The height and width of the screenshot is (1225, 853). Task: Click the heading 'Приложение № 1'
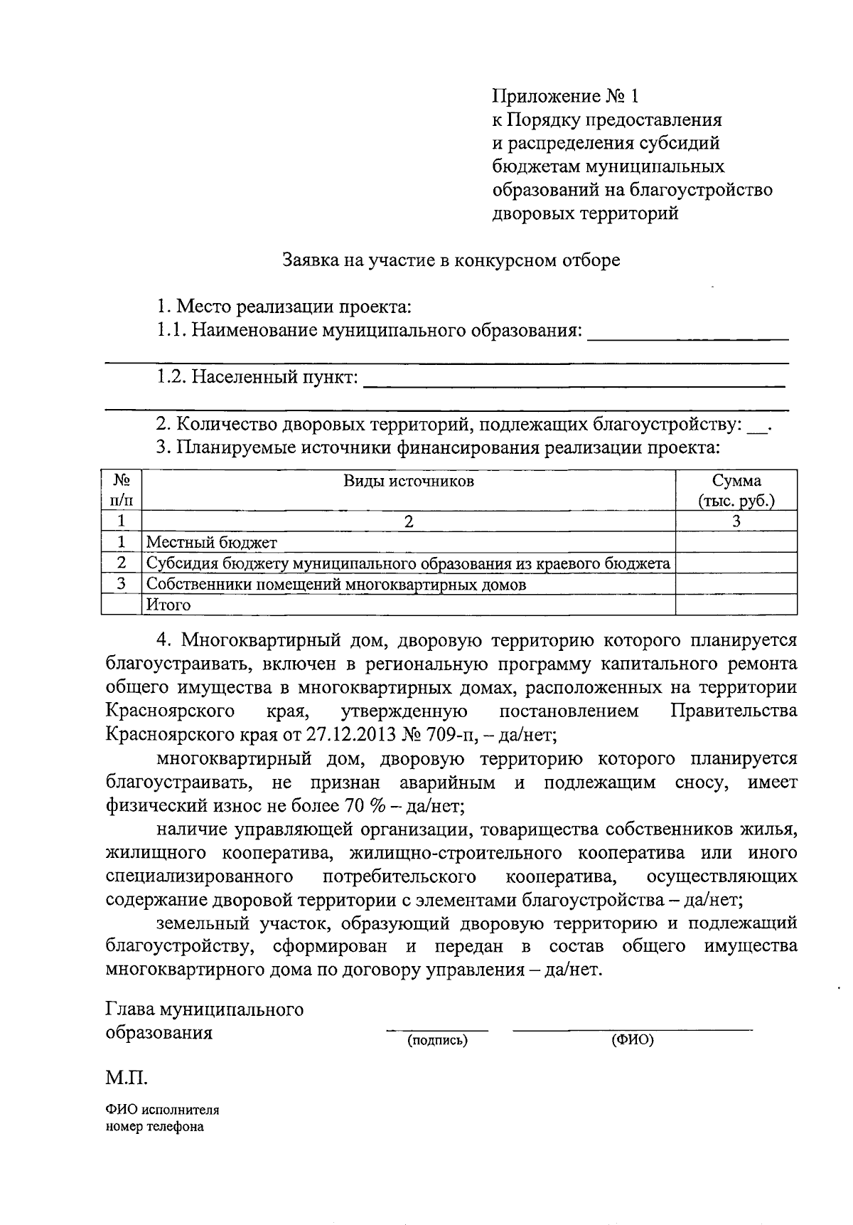pyautogui.click(x=566, y=96)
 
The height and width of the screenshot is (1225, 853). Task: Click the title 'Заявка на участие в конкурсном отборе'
pyautogui.click(x=451, y=260)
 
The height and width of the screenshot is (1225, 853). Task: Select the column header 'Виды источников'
pyautogui.click(x=409, y=482)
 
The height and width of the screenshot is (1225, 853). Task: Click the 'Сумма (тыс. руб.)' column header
pyautogui.click(x=736, y=490)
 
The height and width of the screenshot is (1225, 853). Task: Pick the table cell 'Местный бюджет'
pyautogui.click(x=212, y=543)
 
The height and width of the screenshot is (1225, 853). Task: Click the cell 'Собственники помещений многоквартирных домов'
pyautogui.click(x=336, y=585)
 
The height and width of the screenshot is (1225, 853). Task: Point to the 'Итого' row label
pyautogui.click(x=168, y=605)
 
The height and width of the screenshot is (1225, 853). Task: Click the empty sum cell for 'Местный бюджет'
pyautogui.click(x=736, y=543)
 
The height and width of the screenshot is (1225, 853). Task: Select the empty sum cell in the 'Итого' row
pyautogui.click(x=736, y=605)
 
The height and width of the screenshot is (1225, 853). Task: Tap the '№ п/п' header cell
pyautogui.click(x=122, y=490)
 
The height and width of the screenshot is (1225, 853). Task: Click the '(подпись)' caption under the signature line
pyautogui.click(x=437, y=1041)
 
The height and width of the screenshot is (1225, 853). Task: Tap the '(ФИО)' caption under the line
pyautogui.click(x=632, y=1041)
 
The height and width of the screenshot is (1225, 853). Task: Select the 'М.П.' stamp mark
pyautogui.click(x=127, y=1078)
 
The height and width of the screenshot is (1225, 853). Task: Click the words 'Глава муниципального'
pyautogui.click(x=204, y=1009)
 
